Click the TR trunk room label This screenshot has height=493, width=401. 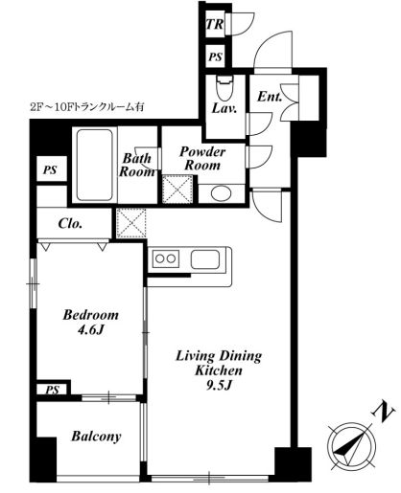(x=215, y=24)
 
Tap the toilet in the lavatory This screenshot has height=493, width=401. (x=224, y=88)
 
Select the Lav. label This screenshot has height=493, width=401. (x=224, y=108)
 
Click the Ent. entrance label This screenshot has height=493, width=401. (x=270, y=97)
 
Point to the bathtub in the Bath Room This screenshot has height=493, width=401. (x=95, y=165)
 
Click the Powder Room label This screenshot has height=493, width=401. (x=202, y=158)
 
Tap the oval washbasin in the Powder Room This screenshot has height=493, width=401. (x=221, y=193)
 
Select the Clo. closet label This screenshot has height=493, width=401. (x=70, y=223)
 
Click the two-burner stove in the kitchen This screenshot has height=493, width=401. (x=165, y=258)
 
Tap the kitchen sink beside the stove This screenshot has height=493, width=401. (x=205, y=259)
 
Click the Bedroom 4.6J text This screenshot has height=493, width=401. (x=91, y=323)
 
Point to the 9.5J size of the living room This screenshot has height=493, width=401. (x=219, y=386)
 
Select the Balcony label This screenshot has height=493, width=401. (x=96, y=437)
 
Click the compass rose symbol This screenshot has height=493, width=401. (x=351, y=447)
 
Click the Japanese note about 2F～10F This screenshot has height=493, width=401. (x=87, y=107)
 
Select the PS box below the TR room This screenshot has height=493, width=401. (x=215, y=56)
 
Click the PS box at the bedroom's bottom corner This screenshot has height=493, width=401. (x=52, y=390)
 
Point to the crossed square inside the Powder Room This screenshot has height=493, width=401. (x=177, y=190)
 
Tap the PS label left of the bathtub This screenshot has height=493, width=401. (x=50, y=169)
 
